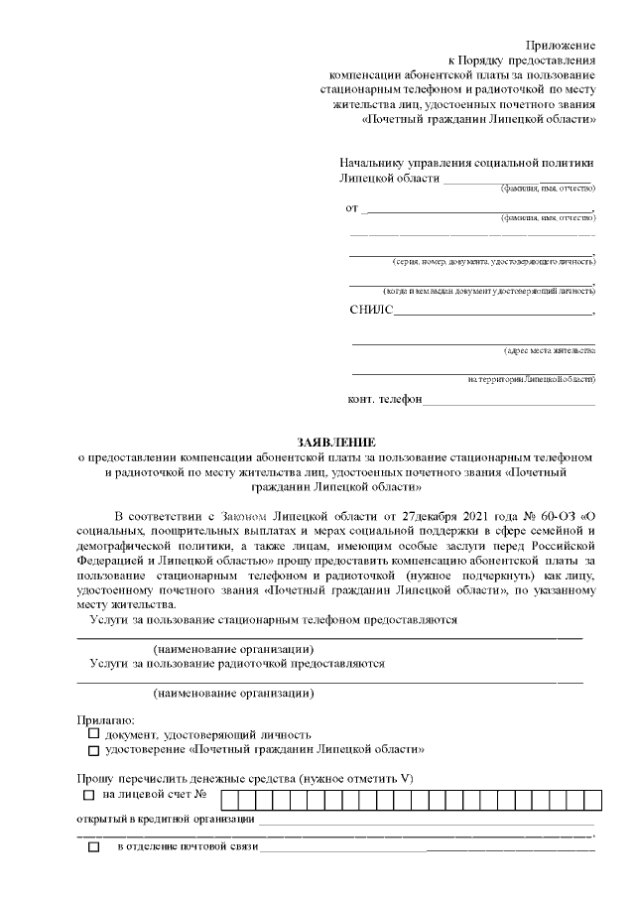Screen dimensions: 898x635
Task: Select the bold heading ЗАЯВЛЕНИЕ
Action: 334,441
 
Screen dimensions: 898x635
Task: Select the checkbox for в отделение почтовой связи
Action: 94,847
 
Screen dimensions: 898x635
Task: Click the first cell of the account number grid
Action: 229,797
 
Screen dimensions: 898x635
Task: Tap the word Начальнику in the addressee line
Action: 373,163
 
